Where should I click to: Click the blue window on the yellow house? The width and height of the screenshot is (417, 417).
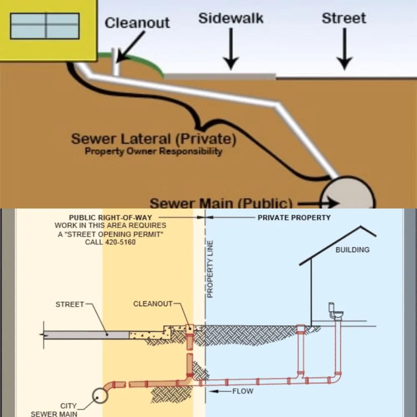coord(45,26)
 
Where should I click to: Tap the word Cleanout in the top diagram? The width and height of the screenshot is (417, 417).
coord(137,23)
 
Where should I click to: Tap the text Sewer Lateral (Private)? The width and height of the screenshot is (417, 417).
coord(153,139)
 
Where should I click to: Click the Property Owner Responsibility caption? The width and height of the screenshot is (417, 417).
coord(153,151)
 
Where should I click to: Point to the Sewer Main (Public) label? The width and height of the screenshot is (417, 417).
coord(221,203)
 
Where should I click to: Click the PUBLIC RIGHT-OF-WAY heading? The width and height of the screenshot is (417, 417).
coord(110,218)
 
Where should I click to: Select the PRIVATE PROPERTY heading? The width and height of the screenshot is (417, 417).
coord(294,218)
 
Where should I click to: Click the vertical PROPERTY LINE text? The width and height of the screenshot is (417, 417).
coord(210,269)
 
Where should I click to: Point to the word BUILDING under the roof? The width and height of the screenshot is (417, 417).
coord(352,250)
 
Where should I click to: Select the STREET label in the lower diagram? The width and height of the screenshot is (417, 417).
coord(70,305)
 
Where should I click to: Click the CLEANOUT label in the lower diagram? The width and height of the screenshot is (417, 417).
coord(153,304)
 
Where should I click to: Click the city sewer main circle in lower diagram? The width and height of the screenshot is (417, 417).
coord(100,396)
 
